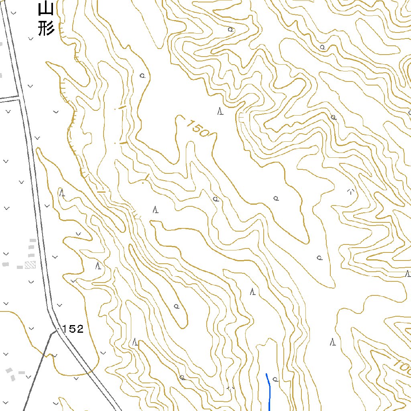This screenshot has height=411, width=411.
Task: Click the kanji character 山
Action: [x=46, y=9]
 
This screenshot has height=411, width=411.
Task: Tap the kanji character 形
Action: [x=46, y=29]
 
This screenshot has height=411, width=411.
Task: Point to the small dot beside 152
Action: [x=59, y=330]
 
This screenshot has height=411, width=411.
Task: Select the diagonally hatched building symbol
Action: [x=30, y=265]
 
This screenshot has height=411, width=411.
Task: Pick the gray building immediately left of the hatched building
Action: [x=20, y=267]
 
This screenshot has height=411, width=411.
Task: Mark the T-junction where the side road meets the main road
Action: [x=19, y=98]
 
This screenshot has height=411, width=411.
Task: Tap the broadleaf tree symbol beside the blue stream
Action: [x=275, y=378]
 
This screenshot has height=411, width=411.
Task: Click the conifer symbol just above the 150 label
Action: [x=220, y=111]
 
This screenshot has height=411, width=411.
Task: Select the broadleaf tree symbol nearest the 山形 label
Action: [x=142, y=75]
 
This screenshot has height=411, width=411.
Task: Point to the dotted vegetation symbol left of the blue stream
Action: [x=231, y=388]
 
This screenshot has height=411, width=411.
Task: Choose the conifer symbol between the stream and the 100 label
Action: [x=332, y=342]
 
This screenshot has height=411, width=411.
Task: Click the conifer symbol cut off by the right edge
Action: [x=408, y=274]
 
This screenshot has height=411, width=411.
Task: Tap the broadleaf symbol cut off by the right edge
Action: [x=409, y=114]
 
